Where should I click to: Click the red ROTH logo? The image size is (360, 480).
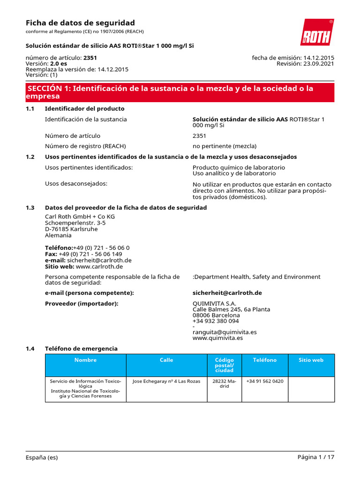coord(317,32)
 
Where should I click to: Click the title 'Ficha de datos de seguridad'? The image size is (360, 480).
coord(80,23)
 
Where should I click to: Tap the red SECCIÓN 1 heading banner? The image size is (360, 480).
coord(180,92)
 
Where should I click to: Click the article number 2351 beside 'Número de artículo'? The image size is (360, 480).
coord(199,136)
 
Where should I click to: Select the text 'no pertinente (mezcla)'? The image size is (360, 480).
coord(225,146)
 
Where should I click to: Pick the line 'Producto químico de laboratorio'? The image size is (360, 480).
coord(239,167)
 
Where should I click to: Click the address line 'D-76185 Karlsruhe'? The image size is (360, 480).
coord(71,229)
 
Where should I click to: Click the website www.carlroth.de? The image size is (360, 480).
coord(99,266)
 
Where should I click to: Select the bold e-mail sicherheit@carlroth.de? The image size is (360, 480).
coord(227,292)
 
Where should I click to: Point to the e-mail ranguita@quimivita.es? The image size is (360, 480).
coord(225,332)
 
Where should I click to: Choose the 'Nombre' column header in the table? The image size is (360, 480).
coord(85,360)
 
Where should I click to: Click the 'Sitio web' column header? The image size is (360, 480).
coord(311,360)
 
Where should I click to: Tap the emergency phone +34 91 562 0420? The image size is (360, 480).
coord(264,381)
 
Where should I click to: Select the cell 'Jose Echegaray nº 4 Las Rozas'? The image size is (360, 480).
coord(166,381)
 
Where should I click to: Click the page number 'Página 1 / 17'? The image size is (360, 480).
coord(315,457)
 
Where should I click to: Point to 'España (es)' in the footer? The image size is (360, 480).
coord(42,457)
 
